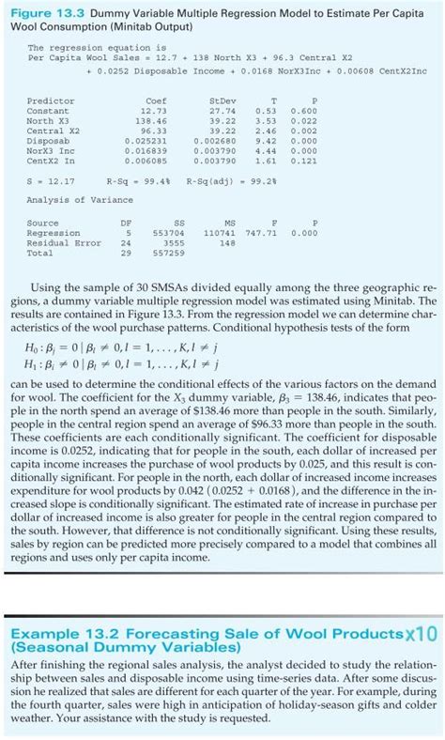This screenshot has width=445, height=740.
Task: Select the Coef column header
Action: [x=156, y=100]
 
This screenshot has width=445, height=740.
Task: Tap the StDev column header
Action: [x=223, y=100]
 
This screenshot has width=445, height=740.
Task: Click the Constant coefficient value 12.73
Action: [x=154, y=111]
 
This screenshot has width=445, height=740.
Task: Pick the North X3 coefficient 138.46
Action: [x=151, y=121]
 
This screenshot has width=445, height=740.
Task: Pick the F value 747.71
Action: [x=269, y=233]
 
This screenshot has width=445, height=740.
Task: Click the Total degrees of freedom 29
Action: [x=126, y=253]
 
